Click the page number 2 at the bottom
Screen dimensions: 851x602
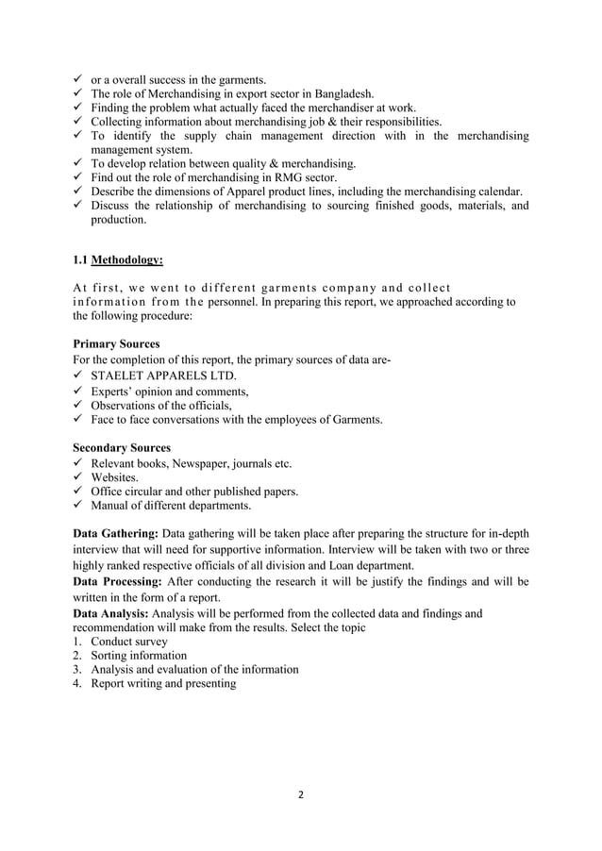(x=301, y=793)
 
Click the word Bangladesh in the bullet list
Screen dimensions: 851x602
(x=341, y=93)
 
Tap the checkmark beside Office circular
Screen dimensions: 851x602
(x=78, y=492)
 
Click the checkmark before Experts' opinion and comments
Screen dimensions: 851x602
(x=78, y=391)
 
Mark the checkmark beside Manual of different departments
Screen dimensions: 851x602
(x=78, y=506)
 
